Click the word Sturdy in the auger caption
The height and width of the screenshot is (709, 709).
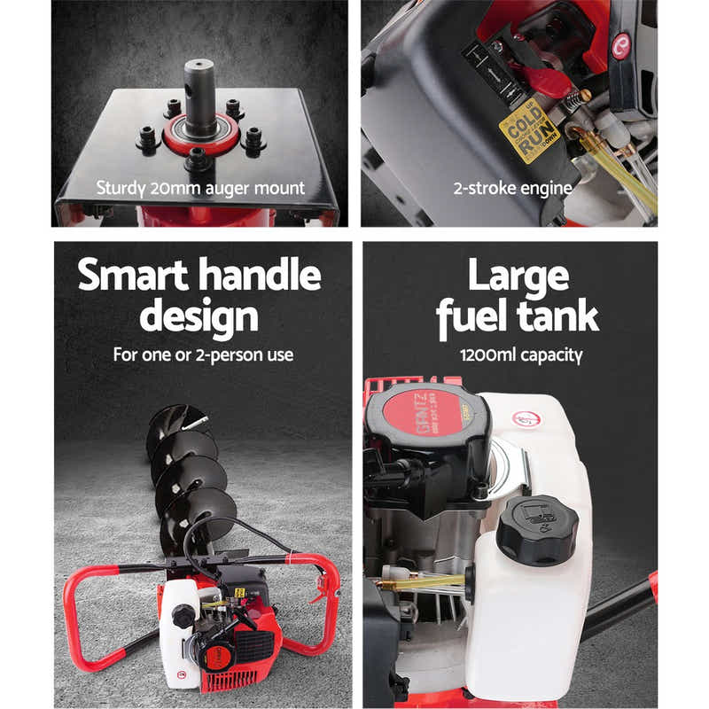(x=122, y=188)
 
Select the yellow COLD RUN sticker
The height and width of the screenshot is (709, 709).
(x=529, y=131)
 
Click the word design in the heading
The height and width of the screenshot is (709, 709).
(x=199, y=317)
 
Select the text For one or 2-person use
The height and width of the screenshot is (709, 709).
(x=203, y=355)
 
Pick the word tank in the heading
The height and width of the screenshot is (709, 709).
(x=557, y=317)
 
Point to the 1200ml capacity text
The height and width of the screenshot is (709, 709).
(x=520, y=355)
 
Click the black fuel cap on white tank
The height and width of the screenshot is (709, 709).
(x=536, y=529)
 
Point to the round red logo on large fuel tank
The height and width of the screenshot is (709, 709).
(x=529, y=419)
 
